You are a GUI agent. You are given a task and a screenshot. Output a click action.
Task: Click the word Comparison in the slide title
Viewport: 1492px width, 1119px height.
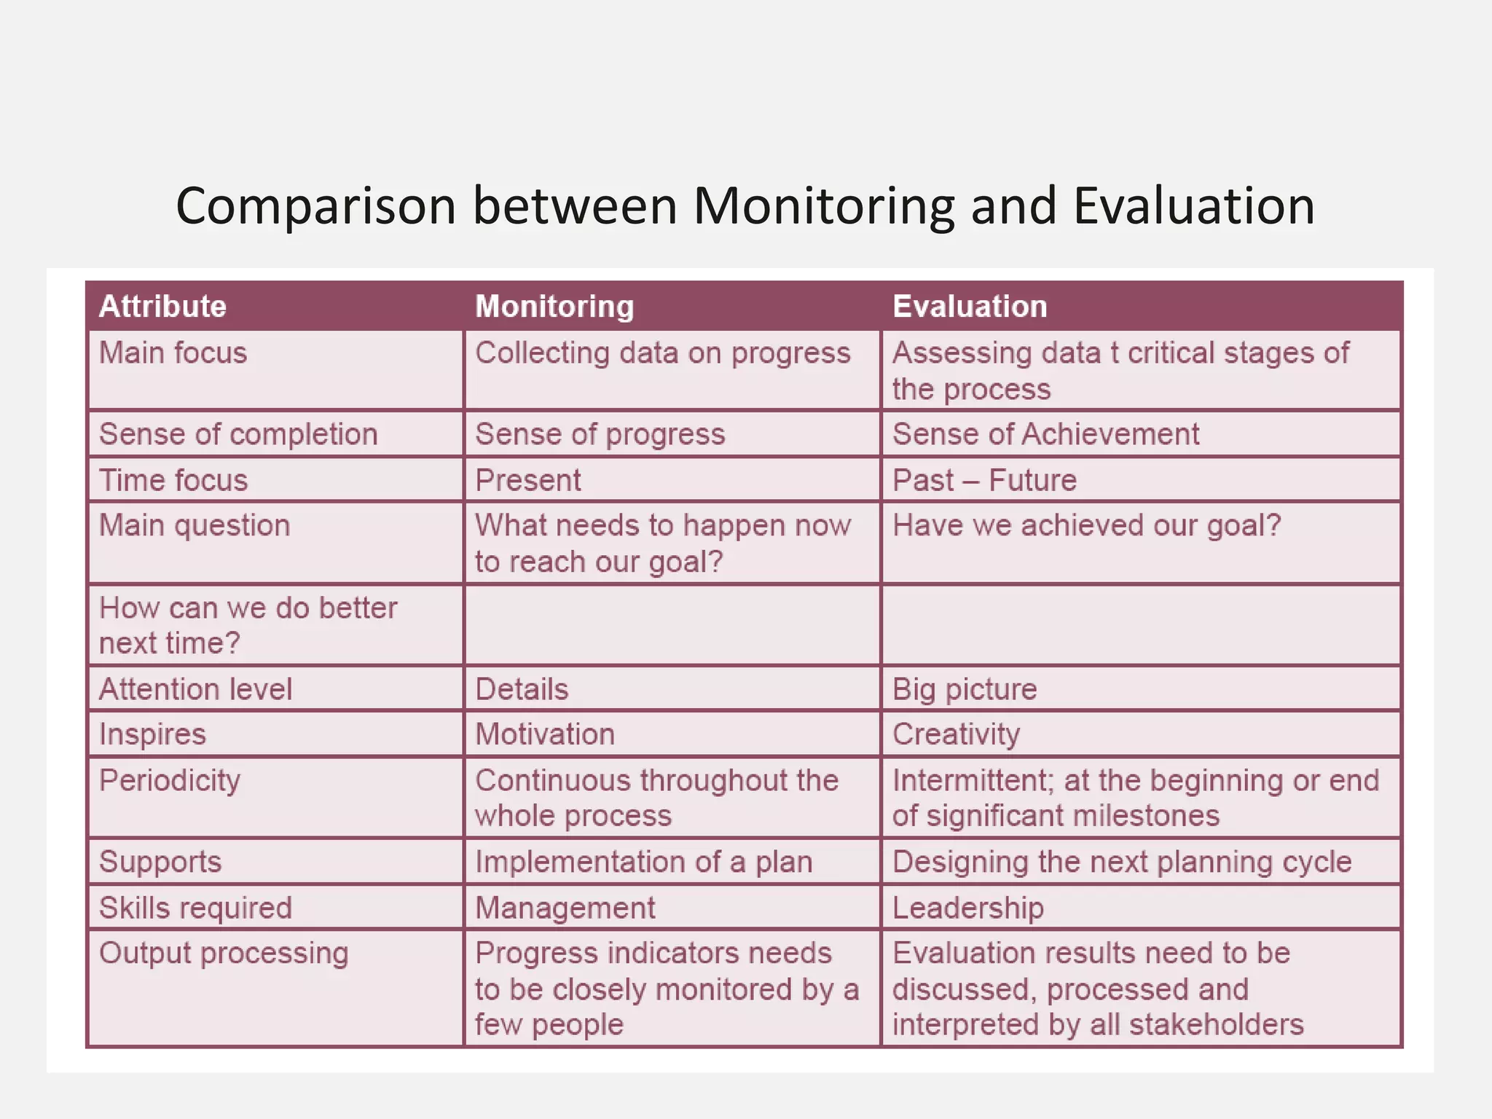315,207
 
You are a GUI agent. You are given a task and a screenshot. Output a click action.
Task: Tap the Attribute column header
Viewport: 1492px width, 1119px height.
162,307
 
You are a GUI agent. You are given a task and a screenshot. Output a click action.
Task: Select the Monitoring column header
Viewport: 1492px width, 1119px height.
554,307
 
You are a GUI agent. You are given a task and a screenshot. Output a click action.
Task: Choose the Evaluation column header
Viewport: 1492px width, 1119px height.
970,307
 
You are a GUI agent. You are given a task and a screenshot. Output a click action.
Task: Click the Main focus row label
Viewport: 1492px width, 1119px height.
173,353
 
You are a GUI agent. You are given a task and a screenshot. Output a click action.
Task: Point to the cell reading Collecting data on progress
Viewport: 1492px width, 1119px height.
662,353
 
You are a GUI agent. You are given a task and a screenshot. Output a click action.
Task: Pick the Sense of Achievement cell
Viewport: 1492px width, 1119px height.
1045,434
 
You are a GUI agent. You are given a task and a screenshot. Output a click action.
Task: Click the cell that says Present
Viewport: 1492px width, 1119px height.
528,480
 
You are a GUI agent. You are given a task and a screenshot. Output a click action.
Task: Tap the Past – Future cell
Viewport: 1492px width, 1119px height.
984,480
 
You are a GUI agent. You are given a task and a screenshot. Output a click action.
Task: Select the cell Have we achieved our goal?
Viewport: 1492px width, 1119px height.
1086,525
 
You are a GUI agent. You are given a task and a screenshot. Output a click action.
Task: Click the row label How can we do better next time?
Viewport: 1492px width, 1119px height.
248,625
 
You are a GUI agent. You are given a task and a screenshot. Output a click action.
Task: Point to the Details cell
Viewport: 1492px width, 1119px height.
522,689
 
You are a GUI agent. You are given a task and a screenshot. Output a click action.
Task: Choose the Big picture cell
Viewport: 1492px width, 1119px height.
965,689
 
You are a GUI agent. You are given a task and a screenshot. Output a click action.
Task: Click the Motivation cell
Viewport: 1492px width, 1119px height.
545,734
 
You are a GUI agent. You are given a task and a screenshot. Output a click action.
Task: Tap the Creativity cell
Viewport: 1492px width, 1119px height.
956,734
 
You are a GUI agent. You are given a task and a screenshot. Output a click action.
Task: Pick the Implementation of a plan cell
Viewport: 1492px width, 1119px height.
643,862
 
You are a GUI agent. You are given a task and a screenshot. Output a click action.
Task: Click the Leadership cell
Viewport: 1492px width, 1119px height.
968,908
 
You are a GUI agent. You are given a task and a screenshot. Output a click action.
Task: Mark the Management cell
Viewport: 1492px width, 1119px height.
565,908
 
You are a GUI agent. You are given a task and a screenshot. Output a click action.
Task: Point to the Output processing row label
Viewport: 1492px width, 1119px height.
224,954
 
